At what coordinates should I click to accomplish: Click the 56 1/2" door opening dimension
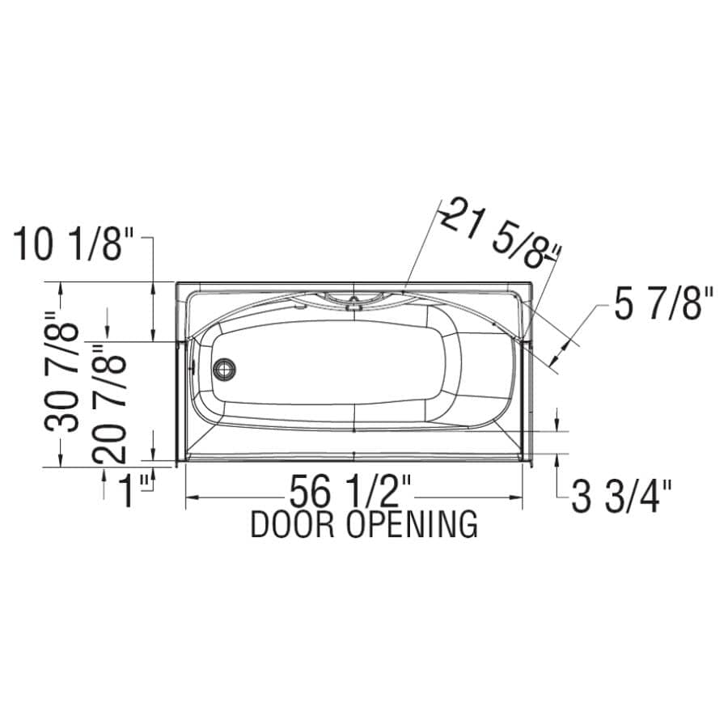(x=352, y=492)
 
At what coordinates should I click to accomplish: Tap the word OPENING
(x=412, y=525)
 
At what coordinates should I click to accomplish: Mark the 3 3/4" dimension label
(x=622, y=496)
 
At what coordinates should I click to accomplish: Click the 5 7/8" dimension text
(x=664, y=304)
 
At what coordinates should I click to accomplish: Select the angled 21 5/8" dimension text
(x=499, y=234)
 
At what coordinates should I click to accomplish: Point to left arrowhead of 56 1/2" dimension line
(x=191, y=497)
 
